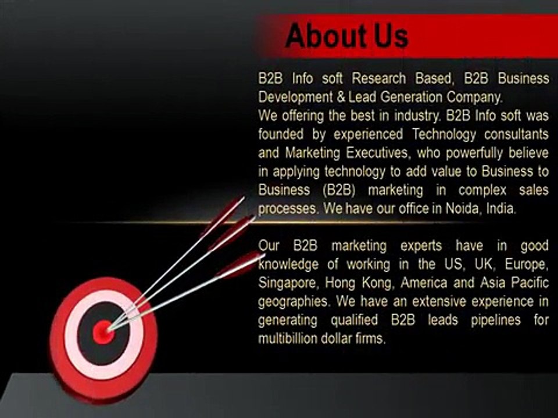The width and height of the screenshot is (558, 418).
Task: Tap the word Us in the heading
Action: click(x=389, y=35)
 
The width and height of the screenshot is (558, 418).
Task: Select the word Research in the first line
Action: click(x=380, y=78)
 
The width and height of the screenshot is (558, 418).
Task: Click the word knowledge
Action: click(x=288, y=265)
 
